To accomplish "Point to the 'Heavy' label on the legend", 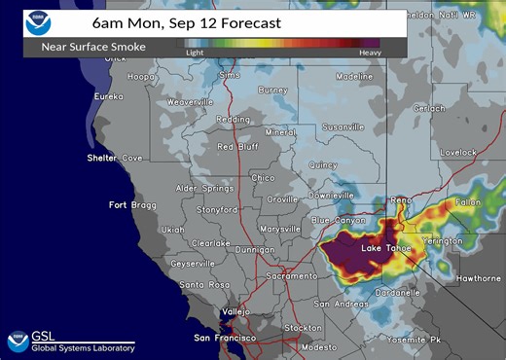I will click(x=370, y=53).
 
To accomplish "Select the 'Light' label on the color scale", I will click(x=195, y=53).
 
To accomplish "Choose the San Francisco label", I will click(x=225, y=338).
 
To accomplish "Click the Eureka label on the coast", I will click(x=107, y=96).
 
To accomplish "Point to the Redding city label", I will click(x=233, y=119).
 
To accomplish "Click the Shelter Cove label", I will click(x=115, y=158).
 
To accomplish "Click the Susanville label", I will click(x=341, y=126).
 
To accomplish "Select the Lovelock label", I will click(x=457, y=152).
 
